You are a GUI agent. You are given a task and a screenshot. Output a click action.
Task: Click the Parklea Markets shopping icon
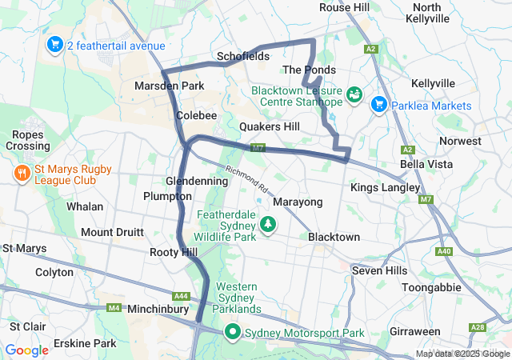pyautogui.click(x=378, y=104)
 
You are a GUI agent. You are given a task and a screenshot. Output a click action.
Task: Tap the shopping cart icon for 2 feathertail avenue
pyautogui.click(x=55, y=44)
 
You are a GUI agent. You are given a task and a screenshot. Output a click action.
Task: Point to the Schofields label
pyautogui.click(x=242, y=57)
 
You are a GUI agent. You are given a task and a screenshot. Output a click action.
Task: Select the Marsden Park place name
pyautogui.click(x=170, y=86)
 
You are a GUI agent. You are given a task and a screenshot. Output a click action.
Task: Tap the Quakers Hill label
pyautogui.click(x=270, y=126)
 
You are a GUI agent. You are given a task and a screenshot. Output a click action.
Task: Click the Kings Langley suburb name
pyautogui.click(x=385, y=187)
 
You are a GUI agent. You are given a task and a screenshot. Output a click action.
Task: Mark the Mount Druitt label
pyautogui.click(x=112, y=232)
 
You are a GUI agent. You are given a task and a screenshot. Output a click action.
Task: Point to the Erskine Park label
pyautogui.click(x=85, y=343)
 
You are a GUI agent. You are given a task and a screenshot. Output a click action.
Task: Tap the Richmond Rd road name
pyautogui.click(x=246, y=181)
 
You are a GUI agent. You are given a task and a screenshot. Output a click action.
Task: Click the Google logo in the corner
pyautogui.click(x=27, y=350)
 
